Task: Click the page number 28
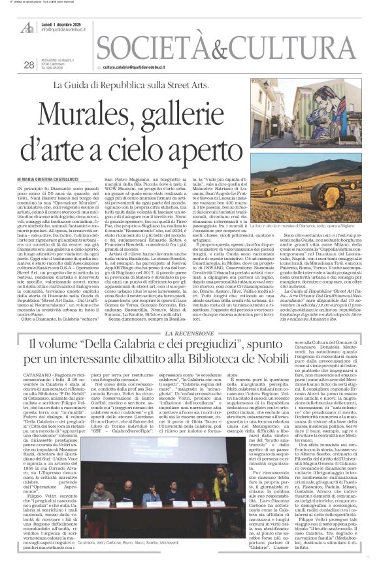[x=28, y=65]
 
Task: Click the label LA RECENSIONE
[x=189, y=333]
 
